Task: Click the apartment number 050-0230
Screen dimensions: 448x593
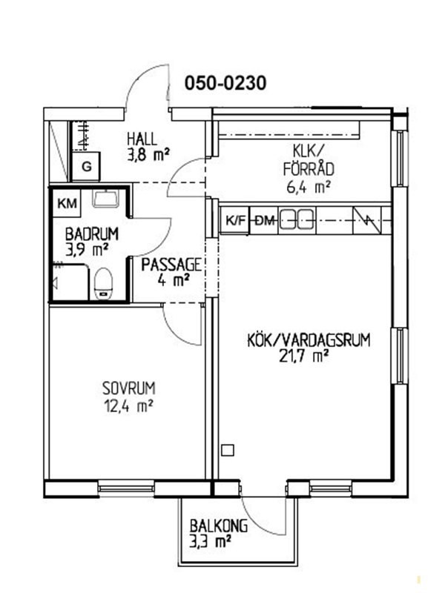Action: click(x=225, y=83)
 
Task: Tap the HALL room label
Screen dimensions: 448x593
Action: click(x=142, y=139)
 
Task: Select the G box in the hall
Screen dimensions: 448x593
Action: click(x=87, y=166)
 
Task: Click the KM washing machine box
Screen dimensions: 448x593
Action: click(x=67, y=203)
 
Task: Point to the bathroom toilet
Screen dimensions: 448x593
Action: click(x=103, y=284)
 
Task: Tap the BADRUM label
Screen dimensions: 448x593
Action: click(x=91, y=234)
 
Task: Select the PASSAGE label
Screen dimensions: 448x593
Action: click(x=171, y=265)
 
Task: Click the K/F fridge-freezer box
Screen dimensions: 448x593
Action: click(x=235, y=220)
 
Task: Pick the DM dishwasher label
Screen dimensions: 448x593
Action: click(x=265, y=220)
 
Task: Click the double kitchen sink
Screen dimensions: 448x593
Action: click(x=296, y=219)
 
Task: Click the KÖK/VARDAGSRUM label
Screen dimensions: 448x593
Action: click(x=309, y=340)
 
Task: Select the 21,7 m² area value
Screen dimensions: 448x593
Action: click(x=303, y=356)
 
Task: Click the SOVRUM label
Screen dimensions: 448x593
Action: click(x=128, y=388)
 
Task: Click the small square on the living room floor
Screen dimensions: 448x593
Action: click(x=228, y=450)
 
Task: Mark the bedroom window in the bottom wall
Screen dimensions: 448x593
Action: click(x=126, y=488)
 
